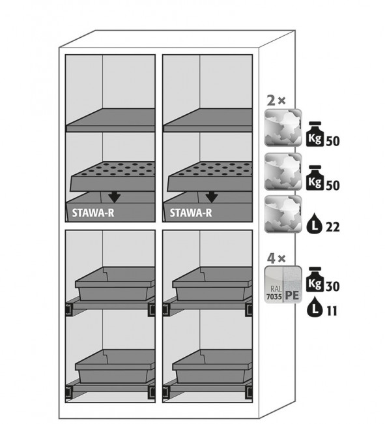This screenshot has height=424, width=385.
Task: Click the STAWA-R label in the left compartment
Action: (93, 213)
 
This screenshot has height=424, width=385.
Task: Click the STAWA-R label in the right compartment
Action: (191, 213)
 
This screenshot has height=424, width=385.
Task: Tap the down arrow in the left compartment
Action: (115, 197)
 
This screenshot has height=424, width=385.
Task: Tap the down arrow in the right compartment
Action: (212, 197)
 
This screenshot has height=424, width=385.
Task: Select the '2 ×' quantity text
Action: (276, 101)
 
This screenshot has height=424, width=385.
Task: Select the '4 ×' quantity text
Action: (276, 259)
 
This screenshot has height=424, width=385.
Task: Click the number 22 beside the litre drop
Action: (332, 227)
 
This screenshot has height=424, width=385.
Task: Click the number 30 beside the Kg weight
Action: (332, 286)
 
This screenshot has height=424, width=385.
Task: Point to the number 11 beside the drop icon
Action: (332, 311)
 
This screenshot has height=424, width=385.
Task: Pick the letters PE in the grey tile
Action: (292, 295)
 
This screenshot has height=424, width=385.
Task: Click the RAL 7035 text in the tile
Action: (274, 294)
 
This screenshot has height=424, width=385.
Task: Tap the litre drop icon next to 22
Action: (315, 223)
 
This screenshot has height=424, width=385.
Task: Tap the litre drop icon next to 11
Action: (315, 307)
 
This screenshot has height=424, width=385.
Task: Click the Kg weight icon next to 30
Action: (315, 280)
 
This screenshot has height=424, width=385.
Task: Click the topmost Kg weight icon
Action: (315, 134)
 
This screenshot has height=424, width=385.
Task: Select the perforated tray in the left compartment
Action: (113, 177)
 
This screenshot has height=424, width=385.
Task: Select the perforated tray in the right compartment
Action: (210, 177)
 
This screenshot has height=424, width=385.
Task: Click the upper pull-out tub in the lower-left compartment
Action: (115, 284)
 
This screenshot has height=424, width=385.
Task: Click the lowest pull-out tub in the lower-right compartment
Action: (212, 366)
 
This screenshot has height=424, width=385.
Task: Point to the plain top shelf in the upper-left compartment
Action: (111, 120)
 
